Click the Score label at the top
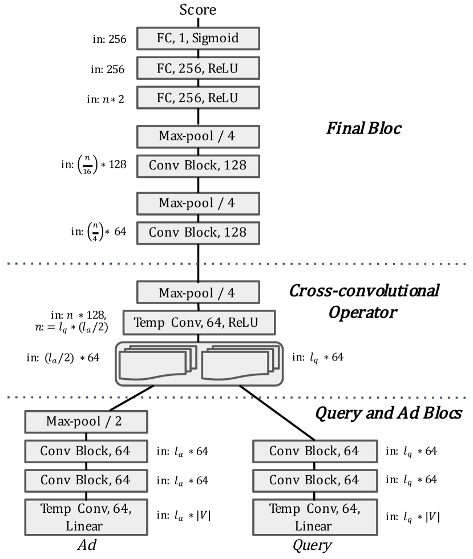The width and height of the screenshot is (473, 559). [x=197, y=10]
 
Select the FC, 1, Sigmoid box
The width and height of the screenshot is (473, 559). [x=198, y=38]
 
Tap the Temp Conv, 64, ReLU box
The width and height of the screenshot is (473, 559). [x=199, y=323]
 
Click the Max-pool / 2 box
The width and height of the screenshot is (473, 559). [x=86, y=422]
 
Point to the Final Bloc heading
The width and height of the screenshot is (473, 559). [x=364, y=128]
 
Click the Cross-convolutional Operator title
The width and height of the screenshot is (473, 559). [x=364, y=302]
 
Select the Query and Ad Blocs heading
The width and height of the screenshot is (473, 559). [x=389, y=413]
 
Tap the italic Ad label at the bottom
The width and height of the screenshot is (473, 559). [x=87, y=545]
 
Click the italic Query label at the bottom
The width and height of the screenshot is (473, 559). [x=312, y=545]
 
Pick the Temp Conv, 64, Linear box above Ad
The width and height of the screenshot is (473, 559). [x=86, y=517]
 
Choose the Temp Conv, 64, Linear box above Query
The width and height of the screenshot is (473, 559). [x=315, y=517]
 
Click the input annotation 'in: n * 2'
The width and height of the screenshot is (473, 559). [x=105, y=99]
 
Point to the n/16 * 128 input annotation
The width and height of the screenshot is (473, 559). [x=94, y=165]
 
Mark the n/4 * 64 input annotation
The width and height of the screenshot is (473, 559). [x=99, y=232]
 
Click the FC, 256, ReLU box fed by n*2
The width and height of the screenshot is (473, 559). [x=198, y=98]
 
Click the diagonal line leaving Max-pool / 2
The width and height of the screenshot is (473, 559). [x=131, y=398]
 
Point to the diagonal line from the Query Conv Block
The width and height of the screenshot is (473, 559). [x=277, y=413]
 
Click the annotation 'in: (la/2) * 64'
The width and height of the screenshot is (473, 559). [x=63, y=358]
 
